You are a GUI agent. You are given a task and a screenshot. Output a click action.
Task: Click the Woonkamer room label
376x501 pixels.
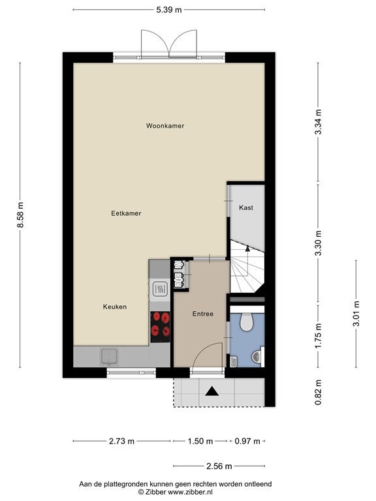pos(165,126)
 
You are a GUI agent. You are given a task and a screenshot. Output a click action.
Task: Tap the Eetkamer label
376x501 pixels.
pos(126,213)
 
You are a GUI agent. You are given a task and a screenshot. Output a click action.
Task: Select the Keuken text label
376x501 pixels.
pos(115,307)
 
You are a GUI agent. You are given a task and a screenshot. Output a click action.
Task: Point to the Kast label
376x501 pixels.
pos(246,207)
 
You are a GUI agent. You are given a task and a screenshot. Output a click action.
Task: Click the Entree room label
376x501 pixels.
pos(203,314)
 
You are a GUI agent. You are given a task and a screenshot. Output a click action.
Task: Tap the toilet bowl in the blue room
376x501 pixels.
pos(247,322)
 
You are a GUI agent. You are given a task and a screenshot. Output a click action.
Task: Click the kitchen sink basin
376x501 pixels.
pos(109,357)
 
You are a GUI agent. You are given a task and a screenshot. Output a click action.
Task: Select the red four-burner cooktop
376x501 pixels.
pos(160,327)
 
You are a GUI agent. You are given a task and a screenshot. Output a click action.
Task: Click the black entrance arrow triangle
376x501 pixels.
pos(211,391)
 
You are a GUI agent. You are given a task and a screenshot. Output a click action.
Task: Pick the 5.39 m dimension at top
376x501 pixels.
pos(169,10)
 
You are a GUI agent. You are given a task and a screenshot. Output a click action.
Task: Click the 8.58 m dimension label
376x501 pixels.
pos(20,215)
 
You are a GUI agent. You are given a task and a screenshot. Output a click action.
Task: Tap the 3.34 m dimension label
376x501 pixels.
pos(318,122)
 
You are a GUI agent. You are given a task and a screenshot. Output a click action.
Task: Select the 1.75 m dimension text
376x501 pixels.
pos(318,336)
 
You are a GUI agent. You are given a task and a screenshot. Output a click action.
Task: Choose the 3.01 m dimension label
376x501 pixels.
pos(356,313)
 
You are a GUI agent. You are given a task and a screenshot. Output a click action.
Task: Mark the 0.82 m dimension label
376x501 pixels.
pos(318,392)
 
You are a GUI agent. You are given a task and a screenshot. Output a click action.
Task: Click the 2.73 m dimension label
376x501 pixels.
pos(121,441)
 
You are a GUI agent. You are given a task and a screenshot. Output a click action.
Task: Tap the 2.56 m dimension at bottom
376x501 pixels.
pos(219,466)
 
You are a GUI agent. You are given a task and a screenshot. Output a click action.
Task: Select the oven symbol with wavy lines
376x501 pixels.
pos(159,290)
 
